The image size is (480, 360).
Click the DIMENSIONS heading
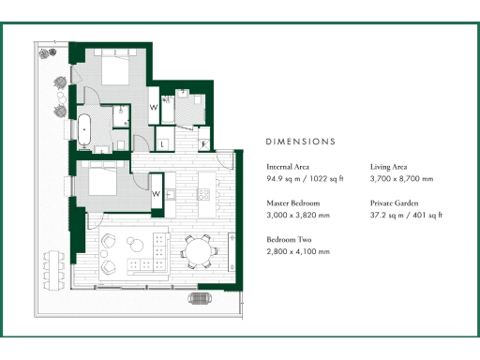(x=300, y=142)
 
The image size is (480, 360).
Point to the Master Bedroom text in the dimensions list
(x=293, y=202)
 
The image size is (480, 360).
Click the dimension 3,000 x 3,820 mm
(x=299, y=215)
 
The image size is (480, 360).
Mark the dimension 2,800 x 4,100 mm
(x=299, y=251)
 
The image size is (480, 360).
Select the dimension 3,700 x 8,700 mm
(x=402, y=178)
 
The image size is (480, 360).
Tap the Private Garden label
(x=394, y=202)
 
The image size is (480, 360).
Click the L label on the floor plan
(x=163, y=144)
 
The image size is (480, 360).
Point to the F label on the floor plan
(x=203, y=144)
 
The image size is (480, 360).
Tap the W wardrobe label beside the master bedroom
(x=154, y=107)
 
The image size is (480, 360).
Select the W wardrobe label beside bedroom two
(x=156, y=194)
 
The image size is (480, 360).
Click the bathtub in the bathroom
(x=82, y=128)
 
